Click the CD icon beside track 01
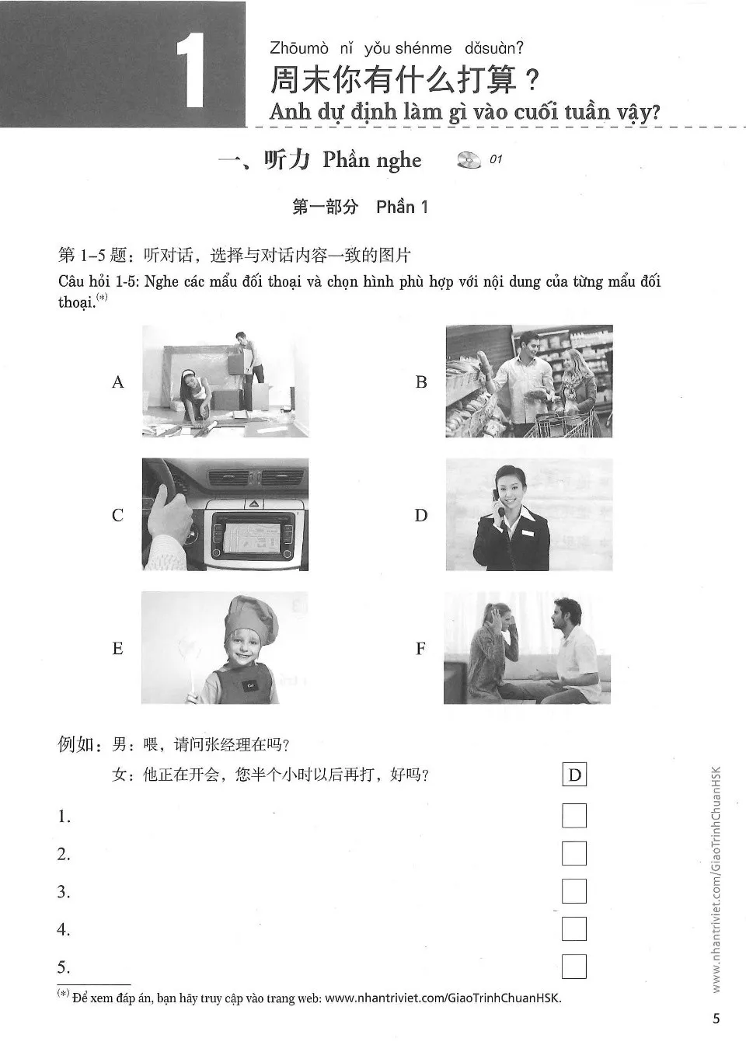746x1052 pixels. point(469,159)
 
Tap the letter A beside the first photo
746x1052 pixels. point(118,381)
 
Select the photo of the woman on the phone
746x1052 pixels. point(528,514)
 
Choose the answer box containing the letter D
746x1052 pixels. point(574,775)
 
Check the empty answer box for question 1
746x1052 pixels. point(573,816)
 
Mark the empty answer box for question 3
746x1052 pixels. point(573,891)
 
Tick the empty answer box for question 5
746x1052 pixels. point(573,967)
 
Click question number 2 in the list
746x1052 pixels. point(64,855)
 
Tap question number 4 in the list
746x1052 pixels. point(64,930)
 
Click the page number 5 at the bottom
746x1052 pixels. point(716,1019)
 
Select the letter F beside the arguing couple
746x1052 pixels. point(420,648)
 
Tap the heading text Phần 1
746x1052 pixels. point(402,207)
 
